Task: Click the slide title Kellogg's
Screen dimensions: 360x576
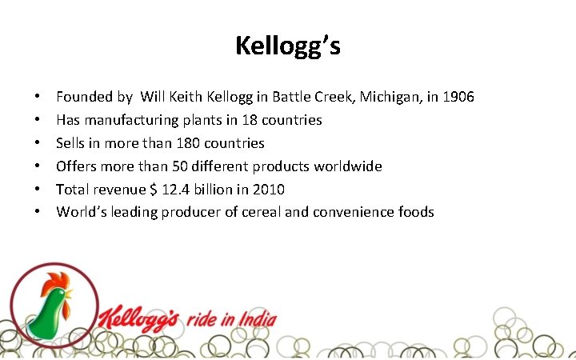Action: tap(288, 46)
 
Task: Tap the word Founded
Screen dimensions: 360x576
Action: tap(82, 97)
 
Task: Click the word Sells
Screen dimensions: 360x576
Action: tap(70, 143)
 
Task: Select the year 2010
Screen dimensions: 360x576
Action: tap(266, 190)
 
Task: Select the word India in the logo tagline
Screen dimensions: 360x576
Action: tap(257, 320)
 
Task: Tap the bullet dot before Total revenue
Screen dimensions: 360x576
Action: tap(38, 190)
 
